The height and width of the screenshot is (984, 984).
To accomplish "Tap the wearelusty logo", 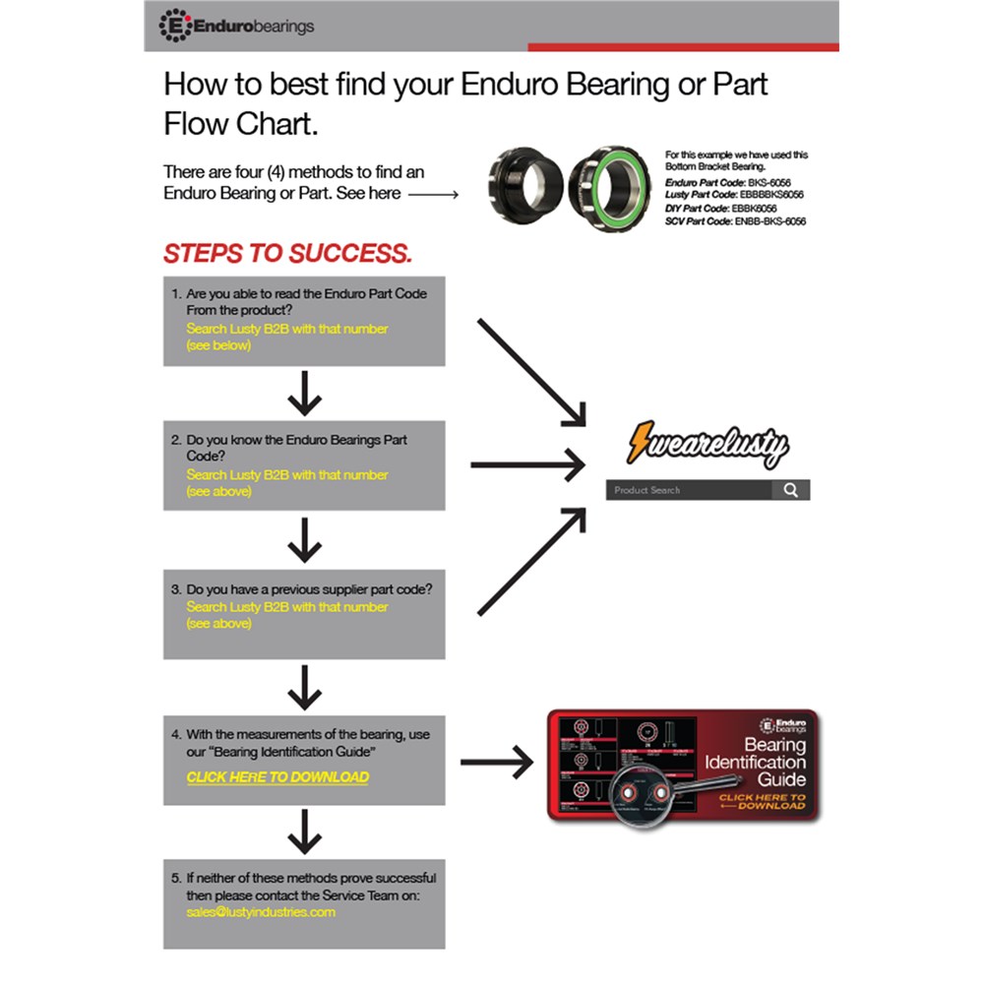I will [x=707, y=445].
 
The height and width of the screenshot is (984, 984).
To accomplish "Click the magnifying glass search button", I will [x=790, y=490].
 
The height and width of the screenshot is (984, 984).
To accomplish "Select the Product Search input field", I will [x=689, y=490].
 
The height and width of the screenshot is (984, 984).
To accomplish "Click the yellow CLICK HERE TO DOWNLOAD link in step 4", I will [x=277, y=777].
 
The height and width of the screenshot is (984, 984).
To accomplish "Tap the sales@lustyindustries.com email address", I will [x=261, y=912].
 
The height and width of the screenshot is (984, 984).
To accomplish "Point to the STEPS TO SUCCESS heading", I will [x=287, y=253].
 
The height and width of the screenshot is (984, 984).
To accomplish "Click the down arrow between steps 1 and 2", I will [x=305, y=394].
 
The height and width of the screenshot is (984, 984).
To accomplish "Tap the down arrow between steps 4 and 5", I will [x=305, y=832].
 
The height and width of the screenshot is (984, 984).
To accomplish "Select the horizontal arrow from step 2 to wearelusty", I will [x=527, y=464].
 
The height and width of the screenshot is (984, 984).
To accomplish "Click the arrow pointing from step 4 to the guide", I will [x=496, y=762].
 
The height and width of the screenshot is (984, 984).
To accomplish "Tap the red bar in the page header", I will [x=683, y=47].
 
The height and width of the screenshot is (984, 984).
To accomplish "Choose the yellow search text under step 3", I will [x=287, y=607].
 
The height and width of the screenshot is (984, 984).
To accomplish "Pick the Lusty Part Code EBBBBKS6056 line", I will [x=734, y=196].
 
